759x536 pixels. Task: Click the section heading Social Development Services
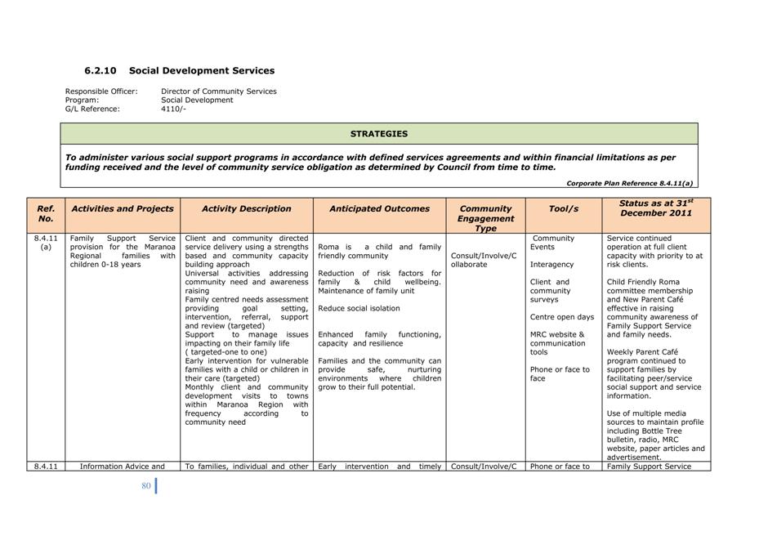(x=202, y=71)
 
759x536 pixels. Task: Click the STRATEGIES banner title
(x=379, y=134)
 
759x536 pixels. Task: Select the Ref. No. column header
(x=46, y=214)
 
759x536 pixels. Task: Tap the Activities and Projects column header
(x=123, y=209)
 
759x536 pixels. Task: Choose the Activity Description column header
(x=246, y=209)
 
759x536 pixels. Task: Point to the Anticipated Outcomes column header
(x=379, y=209)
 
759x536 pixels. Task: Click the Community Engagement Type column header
(x=485, y=218)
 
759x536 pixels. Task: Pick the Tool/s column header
(x=563, y=209)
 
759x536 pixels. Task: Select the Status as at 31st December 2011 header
(x=656, y=208)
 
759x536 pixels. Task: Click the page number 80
(x=146, y=486)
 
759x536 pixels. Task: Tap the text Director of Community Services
(x=219, y=92)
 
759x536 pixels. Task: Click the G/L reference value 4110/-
(x=173, y=109)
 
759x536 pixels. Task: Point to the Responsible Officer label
(x=101, y=92)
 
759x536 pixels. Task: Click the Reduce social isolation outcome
(x=359, y=309)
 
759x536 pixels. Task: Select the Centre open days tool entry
(x=562, y=317)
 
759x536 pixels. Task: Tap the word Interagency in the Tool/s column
(x=552, y=265)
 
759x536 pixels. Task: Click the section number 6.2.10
(x=100, y=71)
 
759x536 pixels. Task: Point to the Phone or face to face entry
(x=560, y=374)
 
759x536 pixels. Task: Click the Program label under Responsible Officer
(x=82, y=100)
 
